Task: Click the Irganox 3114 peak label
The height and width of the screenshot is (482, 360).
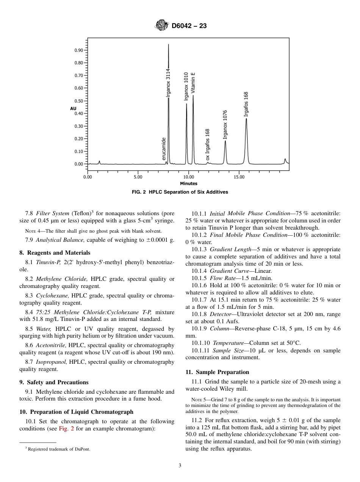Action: pos(168,83)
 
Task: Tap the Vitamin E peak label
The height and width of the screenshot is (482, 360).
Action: pos(193,83)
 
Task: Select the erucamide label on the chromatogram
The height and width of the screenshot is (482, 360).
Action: pos(164,149)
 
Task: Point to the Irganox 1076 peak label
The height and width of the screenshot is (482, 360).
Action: pos(225,124)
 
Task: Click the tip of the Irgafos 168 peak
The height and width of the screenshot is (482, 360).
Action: pos(246,119)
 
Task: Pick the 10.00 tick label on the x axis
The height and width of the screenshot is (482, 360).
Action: pos(188,177)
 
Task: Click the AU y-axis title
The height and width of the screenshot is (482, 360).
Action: pos(73,109)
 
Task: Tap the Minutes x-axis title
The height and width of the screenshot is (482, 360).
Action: pos(188,184)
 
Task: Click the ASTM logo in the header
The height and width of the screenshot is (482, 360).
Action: pos(162,26)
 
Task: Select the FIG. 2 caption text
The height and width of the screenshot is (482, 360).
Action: pos(180,192)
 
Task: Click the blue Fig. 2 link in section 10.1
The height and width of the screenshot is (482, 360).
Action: pos(64,429)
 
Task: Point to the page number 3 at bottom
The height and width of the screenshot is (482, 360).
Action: pos(180,466)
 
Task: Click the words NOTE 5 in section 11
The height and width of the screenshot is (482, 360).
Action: pos(199,400)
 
